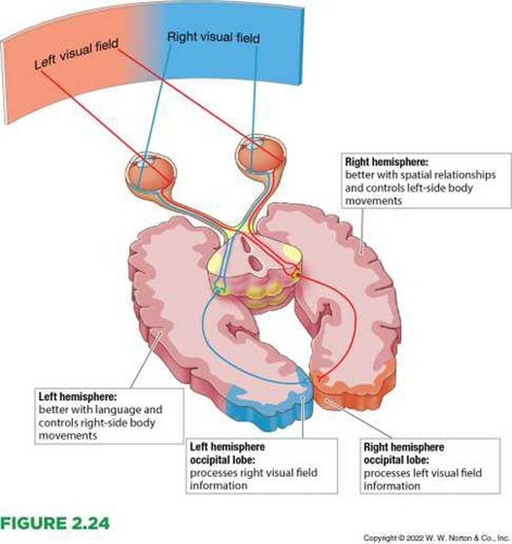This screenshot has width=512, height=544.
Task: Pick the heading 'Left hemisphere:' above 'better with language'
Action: [78, 397]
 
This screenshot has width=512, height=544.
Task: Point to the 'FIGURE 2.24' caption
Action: [55, 523]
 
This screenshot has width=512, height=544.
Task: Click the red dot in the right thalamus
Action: [296, 274]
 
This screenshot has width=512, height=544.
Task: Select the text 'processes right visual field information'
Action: [253, 479]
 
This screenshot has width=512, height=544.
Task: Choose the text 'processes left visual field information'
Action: [422, 479]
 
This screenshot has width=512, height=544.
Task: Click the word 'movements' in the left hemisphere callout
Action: [68, 436]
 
